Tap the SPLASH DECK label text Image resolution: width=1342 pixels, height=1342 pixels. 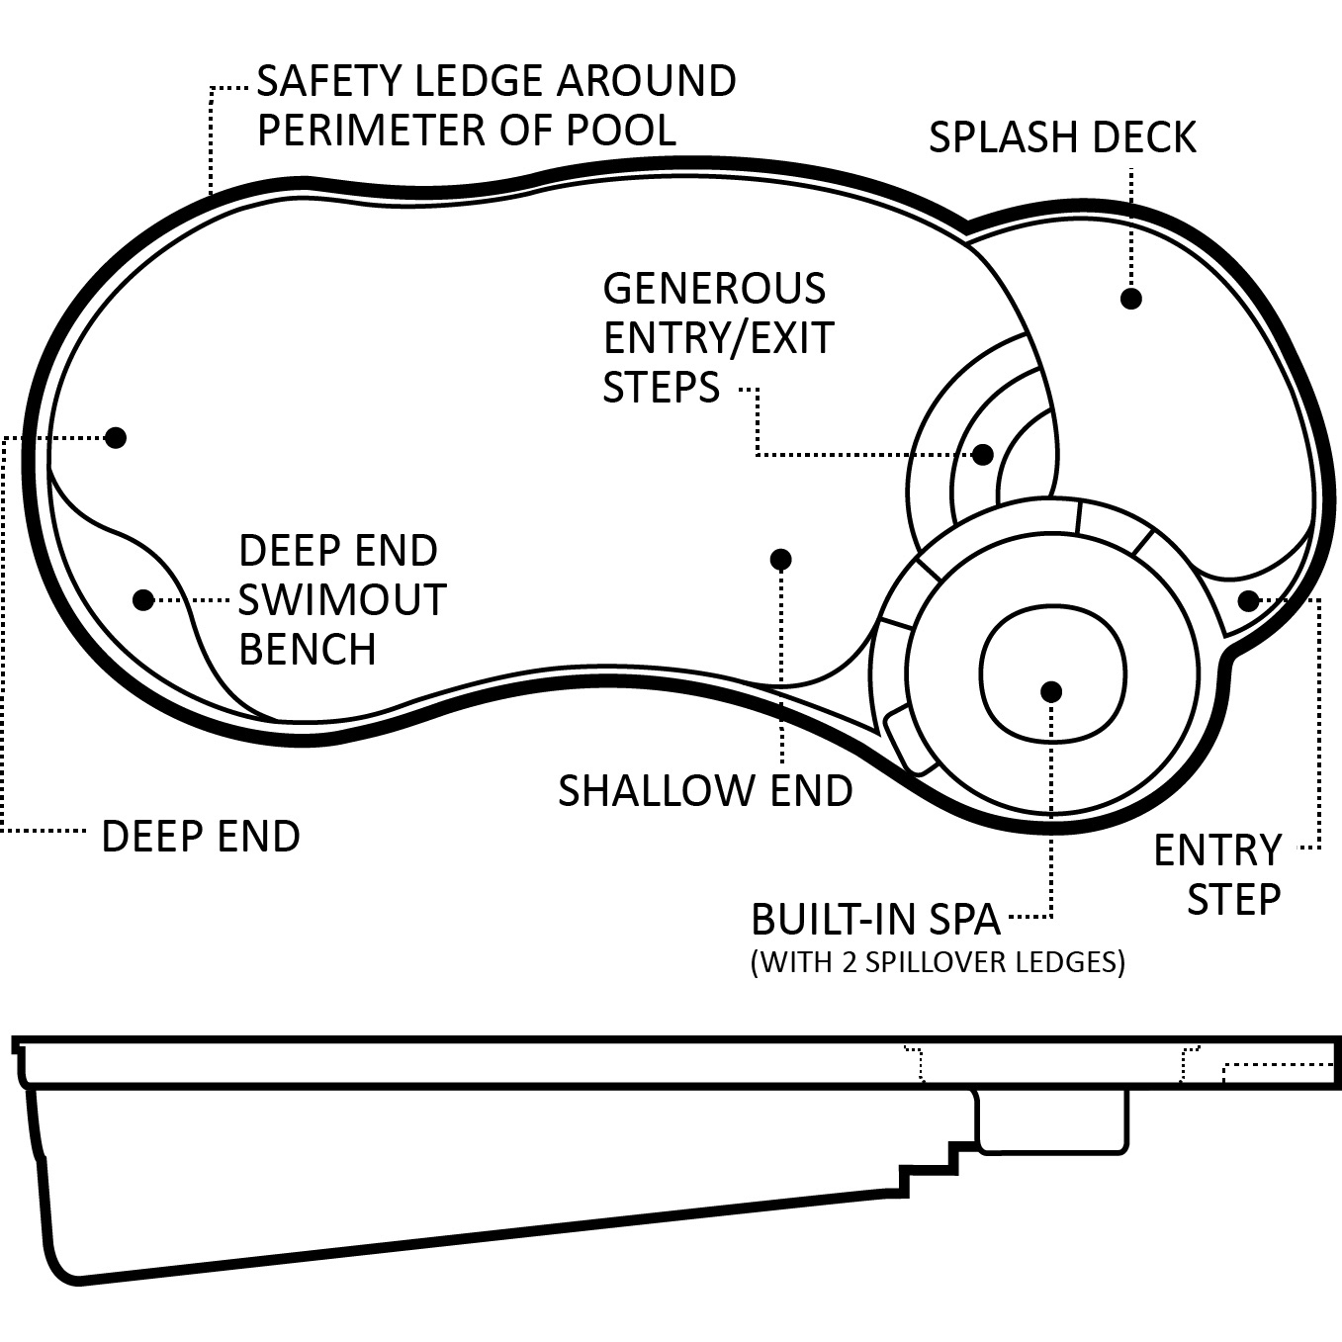click(1062, 137)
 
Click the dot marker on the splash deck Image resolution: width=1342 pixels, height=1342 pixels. click(1130, 298)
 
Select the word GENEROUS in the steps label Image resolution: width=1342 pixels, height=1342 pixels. click(714, 289)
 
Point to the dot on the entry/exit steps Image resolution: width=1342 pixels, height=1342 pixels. click(982, 454)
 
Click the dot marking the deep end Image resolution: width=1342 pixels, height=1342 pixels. click(116, 437)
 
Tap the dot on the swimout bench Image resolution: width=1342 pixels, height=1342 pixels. click(143, 599)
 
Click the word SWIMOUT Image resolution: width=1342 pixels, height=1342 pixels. click(342, 600)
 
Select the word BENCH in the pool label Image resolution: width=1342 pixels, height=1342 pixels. click(308, 650)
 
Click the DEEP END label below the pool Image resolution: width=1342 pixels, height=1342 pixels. click(201, 837)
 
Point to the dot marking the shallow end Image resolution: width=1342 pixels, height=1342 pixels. click(780, 560)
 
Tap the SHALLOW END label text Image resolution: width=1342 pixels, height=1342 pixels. click(705, 791)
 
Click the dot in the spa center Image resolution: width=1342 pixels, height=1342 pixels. click(1051, 691)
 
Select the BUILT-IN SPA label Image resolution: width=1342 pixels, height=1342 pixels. click(876, 920)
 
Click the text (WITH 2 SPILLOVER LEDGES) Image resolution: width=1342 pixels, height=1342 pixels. click(938, 962)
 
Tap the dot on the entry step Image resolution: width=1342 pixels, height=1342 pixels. click(1248, 600)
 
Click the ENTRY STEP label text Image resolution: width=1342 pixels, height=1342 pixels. click(1218, 874)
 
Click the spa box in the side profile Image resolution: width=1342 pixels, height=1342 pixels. click(1052, 1120)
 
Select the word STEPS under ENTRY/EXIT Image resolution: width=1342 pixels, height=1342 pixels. click(661, 387)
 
